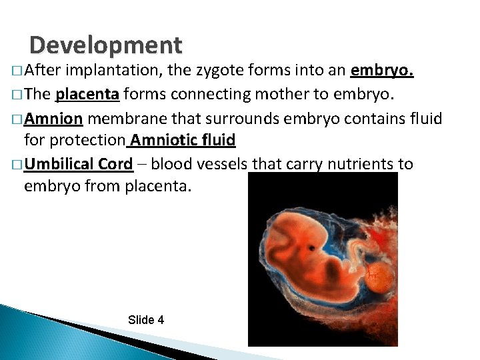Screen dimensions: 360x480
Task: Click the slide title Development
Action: click(105, 45)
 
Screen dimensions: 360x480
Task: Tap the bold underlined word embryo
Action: click(382, 71)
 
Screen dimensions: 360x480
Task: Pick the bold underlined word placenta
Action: click(87, 95)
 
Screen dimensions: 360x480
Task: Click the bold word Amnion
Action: click(53, 119)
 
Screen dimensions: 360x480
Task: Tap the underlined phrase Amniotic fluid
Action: click(183, 141)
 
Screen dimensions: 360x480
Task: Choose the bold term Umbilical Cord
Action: click(78, 164)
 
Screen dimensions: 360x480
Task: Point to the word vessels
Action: click(221, 164)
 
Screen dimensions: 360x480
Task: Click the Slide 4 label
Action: click(145, 320)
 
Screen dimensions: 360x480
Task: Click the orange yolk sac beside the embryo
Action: click(379, 274)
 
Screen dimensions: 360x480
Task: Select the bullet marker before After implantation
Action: click(15, 72)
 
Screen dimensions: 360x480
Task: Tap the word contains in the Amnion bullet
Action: click(371, 119)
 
